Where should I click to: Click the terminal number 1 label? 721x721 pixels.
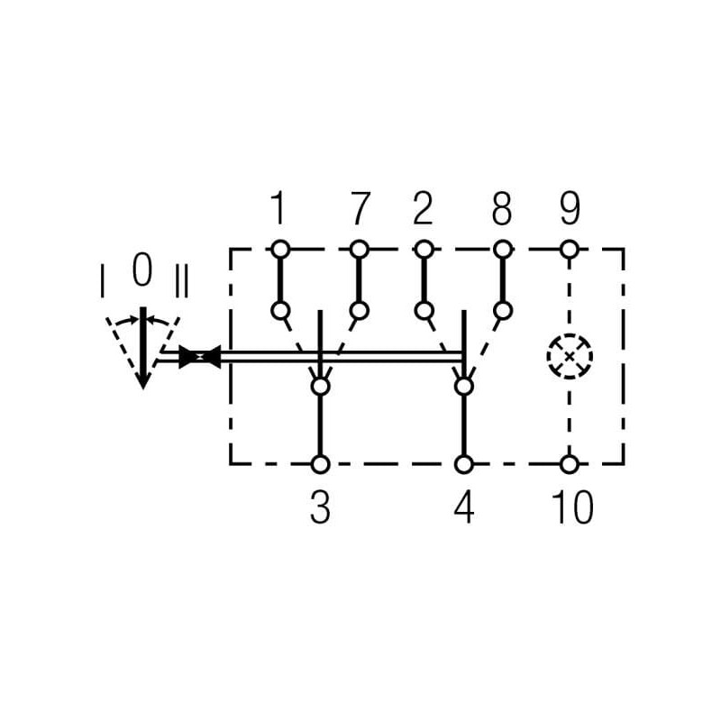tap(278, 208)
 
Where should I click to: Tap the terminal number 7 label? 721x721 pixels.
tap(360, 208)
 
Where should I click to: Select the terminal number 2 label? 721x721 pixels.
tap(423, 208)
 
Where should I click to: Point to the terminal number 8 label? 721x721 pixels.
tap(502, 208)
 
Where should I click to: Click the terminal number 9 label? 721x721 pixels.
tap(570, 208)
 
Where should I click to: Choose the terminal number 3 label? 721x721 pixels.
tap(320, 507)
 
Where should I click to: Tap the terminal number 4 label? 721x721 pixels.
tap(464, 507)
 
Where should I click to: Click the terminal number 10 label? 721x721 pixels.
tap(572, 507)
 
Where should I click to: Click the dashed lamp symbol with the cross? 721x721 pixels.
tap(570, 356)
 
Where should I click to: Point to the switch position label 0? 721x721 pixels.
tap(142, 270)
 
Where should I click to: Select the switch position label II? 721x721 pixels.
tap(182, 280)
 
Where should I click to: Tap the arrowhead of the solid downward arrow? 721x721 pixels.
tap(143, 380)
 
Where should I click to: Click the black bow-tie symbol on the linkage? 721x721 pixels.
tap(200, 357)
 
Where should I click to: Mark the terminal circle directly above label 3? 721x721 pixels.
tap(321, 464)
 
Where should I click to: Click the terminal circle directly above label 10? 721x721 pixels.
tap(570, 464)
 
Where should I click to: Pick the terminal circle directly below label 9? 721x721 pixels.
tap(570, 250)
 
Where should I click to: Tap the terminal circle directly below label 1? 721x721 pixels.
tap(280, 250)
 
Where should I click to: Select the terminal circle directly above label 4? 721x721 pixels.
tap(464, 464)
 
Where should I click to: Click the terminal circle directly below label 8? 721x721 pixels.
tap(503, 250)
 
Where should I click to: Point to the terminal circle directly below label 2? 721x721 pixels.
tap(424, 250)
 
